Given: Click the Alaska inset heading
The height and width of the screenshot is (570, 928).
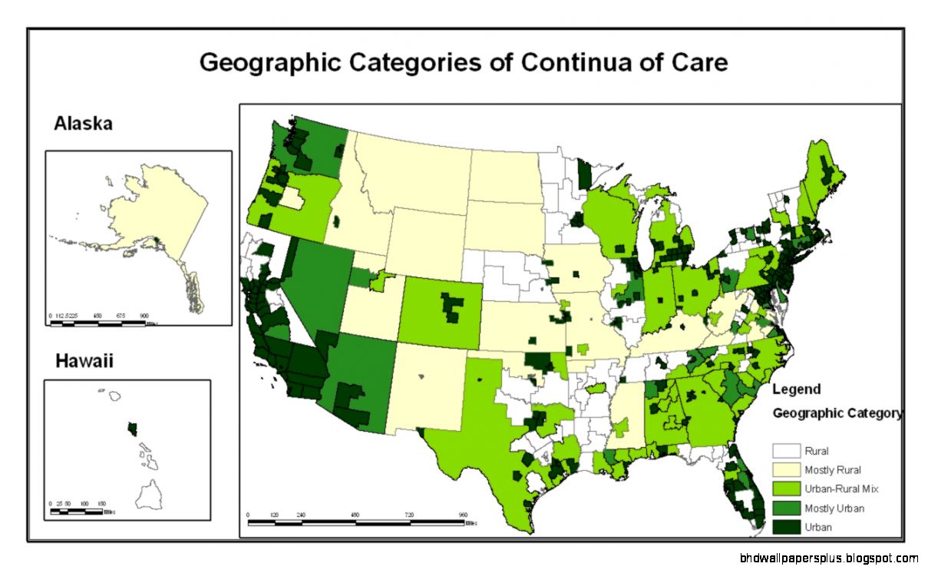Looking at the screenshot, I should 83,123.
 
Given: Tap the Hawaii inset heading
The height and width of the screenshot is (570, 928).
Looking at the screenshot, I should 84,360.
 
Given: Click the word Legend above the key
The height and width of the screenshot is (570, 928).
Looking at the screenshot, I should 796,389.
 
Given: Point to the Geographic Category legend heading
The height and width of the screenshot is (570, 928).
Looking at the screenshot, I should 837,413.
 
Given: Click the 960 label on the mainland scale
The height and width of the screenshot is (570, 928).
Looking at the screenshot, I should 462,515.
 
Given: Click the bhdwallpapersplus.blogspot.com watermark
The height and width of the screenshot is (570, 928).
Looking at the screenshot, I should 829,558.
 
